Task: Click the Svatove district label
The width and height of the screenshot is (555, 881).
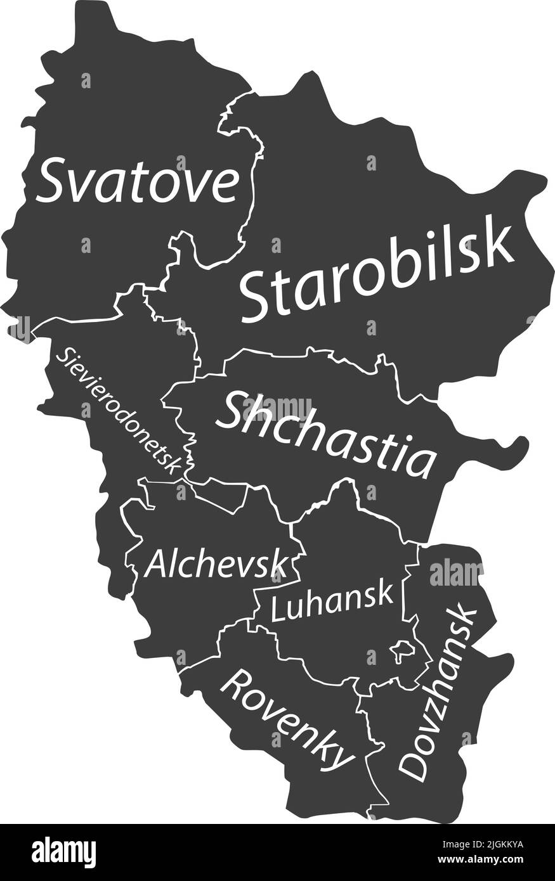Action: (138, 181)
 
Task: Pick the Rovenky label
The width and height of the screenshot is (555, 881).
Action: (287, 717)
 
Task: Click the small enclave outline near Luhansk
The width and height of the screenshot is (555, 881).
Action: (402, 650)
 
